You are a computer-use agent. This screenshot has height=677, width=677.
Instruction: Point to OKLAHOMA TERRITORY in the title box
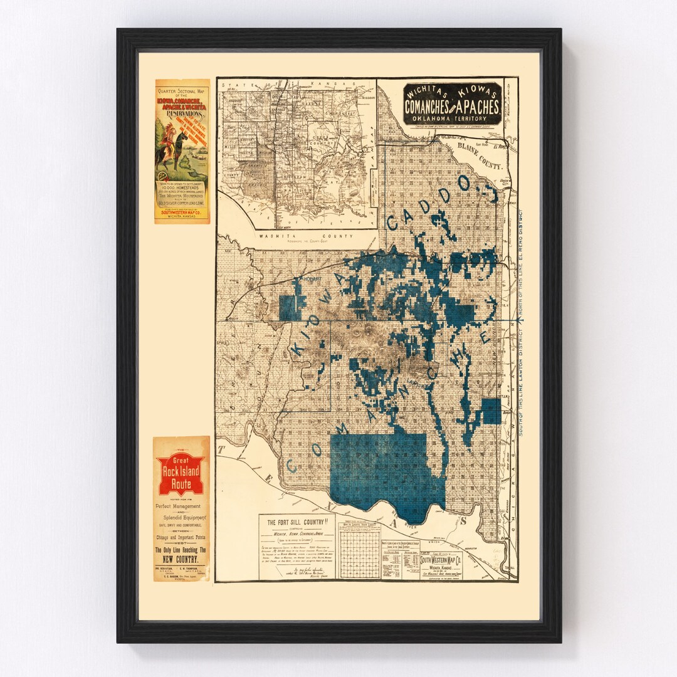point(452,117)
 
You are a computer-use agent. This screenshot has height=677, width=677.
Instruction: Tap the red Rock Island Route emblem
point(181,473)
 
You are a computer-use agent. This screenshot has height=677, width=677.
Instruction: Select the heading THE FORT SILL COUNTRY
point(297,522)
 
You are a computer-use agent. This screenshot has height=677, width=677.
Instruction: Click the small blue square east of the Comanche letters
point(491,411)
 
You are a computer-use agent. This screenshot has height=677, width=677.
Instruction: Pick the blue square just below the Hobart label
point(290,307)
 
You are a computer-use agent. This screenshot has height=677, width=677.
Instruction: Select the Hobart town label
point(312,277)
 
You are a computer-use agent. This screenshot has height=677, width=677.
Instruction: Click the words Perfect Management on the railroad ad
point(179,506)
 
